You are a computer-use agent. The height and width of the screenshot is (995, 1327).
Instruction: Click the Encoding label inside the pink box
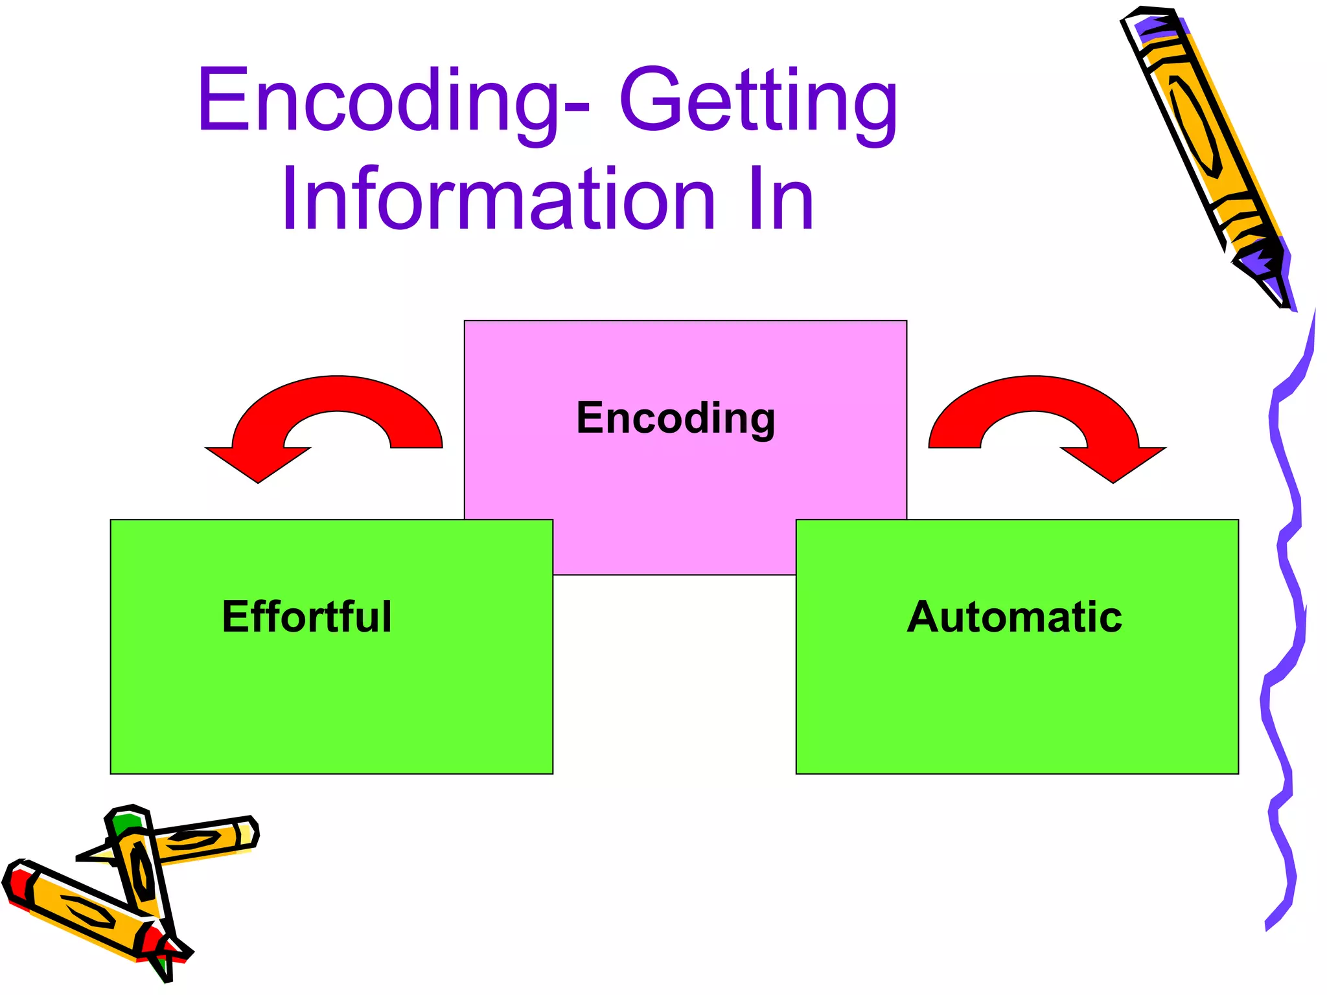[x=676, y=418]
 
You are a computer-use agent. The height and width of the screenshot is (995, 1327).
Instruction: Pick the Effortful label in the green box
[x=306, y=617]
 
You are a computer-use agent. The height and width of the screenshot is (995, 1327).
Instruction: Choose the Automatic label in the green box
[x=1014, y=617]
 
